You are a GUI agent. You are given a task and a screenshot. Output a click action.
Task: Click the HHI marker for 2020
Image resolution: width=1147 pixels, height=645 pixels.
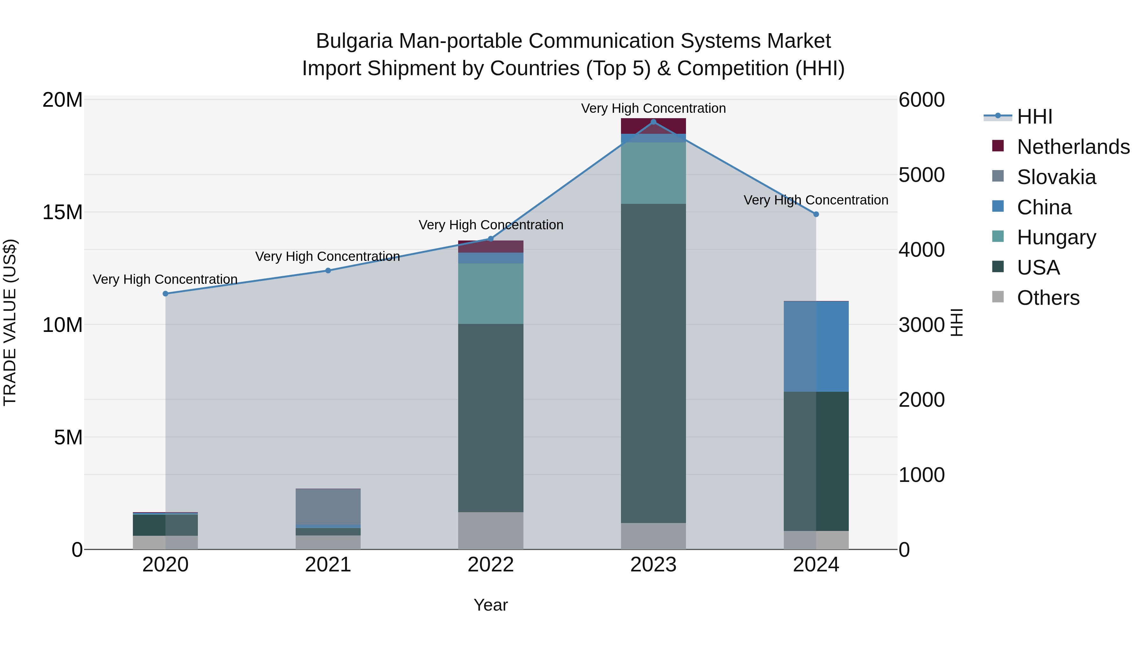[166, 293]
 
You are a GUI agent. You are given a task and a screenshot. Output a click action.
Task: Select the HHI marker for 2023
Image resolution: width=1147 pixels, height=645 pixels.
[653, 122]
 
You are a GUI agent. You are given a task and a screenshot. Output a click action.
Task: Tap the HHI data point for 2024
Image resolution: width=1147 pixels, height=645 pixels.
[816, 214]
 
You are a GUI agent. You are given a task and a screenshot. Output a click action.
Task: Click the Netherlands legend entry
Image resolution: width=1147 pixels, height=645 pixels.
[1073, 147]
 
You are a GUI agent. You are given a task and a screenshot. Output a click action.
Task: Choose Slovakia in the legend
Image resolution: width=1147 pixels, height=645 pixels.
[1056, 177]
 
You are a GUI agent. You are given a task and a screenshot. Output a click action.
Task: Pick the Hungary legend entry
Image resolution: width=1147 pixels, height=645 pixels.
[1056, 237]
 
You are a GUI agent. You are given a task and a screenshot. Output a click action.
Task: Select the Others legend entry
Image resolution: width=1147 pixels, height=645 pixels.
[1048, 298]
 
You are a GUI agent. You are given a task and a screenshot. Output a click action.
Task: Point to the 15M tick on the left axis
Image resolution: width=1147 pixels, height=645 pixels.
[62, 212]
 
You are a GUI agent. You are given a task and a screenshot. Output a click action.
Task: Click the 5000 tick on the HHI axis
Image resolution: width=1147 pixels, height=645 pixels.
[921, 175]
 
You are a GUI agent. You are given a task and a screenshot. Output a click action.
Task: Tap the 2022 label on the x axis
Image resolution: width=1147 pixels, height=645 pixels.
[491, 565]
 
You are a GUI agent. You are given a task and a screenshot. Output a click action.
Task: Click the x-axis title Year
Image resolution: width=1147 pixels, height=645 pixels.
[491, 605]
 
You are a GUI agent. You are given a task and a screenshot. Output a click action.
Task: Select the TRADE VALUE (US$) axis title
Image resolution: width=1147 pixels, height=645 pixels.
[10, 322]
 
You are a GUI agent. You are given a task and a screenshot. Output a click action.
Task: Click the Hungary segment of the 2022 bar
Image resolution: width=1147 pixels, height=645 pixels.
[491, 293]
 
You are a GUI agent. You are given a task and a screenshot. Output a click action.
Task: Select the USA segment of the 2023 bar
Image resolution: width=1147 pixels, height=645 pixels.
[653, 363]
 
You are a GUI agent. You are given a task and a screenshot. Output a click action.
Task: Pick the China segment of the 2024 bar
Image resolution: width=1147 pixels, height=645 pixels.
[816, 347]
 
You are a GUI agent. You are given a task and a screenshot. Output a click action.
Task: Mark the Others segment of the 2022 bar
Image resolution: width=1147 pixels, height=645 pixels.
[491, 531]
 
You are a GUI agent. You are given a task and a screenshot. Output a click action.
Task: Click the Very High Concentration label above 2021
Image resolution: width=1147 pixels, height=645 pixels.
[327, 256]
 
